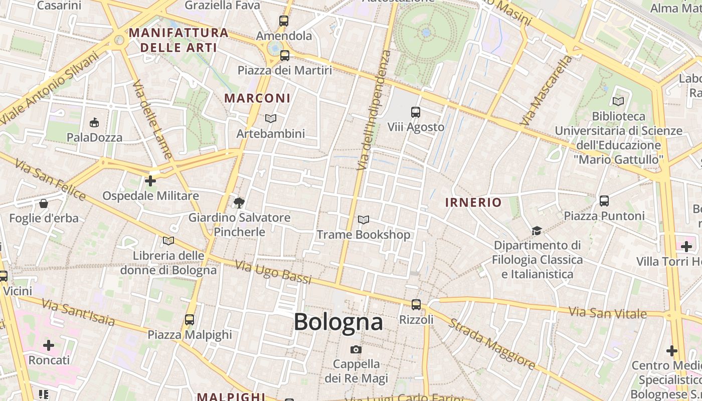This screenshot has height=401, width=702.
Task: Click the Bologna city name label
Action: click(338, 322)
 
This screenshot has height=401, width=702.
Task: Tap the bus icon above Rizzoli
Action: click(416, 304)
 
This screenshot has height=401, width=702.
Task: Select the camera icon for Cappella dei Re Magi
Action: click(356, 349)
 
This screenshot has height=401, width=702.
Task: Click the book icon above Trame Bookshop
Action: click(364, 220)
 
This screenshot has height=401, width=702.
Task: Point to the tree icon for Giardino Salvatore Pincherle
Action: click(239, 203)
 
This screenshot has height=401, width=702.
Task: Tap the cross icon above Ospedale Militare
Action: click(150, 180)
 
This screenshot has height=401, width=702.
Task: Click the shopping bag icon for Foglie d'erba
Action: click(44, 204)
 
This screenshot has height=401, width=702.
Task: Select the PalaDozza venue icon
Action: click(94, 122)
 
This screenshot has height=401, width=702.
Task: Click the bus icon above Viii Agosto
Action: click(416, 112)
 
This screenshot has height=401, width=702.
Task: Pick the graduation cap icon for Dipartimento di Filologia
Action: click(537, 231)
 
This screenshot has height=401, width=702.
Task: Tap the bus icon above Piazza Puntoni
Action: click(604, 201)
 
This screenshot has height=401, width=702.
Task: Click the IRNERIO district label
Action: click(473, 203)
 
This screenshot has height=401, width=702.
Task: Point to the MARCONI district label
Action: click(257, 98)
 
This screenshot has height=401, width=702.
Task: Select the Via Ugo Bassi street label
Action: click(273, 272)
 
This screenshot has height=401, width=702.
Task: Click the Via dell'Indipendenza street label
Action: click(372, 109)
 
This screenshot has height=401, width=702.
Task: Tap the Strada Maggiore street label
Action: click(492, 344)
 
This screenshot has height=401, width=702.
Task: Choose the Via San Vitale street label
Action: click(608, 313)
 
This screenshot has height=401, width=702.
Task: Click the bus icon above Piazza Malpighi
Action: click(190, 319)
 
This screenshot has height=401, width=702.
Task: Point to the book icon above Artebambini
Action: click(271, 119)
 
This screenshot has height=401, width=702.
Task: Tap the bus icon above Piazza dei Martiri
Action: click(285, 55)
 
